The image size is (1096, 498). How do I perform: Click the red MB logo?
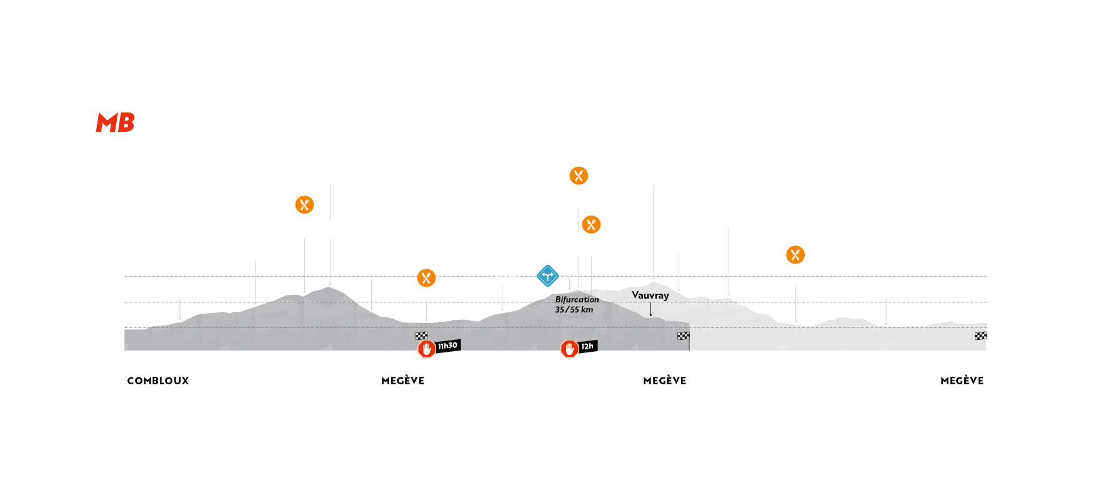[115, 122]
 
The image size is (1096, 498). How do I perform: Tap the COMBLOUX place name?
[158, 381]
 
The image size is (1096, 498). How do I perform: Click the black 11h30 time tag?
[447, 346]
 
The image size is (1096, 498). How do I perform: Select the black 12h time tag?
[587, 346]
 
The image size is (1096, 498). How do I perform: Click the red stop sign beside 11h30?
[427, 349]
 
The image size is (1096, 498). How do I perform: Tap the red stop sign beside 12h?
[569, 349]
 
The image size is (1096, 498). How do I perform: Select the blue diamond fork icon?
[548, 276]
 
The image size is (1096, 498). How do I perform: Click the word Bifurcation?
[577, 299]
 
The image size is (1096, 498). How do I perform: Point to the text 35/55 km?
[574, 310]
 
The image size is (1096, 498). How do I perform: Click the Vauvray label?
[650, 295]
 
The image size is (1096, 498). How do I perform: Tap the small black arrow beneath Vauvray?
[650, 310]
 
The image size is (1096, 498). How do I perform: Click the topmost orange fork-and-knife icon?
[579, 176]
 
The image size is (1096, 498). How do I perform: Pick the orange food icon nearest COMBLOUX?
[304, 204]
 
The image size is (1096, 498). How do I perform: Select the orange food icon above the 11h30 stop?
[426, 277]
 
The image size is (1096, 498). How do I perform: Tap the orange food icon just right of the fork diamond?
[591, 224]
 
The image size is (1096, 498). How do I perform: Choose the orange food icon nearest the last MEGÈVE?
[795, 254]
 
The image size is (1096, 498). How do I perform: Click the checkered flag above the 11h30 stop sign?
[422, 336]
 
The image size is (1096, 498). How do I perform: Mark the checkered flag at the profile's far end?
[980, 336]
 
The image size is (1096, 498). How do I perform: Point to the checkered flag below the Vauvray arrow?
[684, 336]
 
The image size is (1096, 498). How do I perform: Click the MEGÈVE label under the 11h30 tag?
[403, 381]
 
